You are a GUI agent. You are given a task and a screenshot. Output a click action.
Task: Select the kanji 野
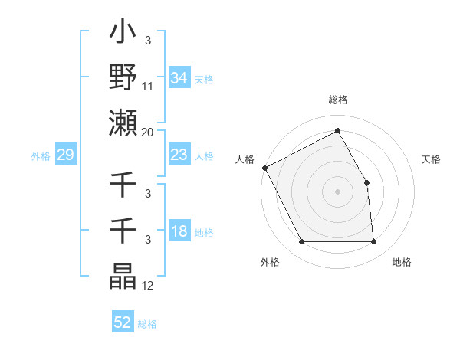tap(123, 77)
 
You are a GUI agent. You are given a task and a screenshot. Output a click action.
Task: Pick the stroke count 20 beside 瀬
tap(148, 132)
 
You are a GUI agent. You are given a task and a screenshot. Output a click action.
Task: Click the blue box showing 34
tap(179, 77)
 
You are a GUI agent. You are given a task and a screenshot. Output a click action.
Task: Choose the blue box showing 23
tap(179, 155)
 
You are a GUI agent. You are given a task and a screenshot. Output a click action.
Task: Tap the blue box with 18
tap(179, 232)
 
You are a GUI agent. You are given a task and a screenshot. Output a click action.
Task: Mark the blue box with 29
tap(65, 155)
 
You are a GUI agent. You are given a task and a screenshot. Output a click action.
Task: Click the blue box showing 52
tap(123, 322)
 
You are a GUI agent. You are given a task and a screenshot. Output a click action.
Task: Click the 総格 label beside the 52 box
tap(147, 324)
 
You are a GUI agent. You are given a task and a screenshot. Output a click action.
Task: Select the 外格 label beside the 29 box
tap(41, 156)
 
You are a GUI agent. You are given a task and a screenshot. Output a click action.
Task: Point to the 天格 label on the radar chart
tap(431, 159)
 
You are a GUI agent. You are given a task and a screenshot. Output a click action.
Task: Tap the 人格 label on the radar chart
tap(245, 159)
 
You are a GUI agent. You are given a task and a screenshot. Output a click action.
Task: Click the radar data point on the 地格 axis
tap(373, 242)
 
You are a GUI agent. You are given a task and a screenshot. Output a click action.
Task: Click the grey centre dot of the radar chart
tap(337, 191)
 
